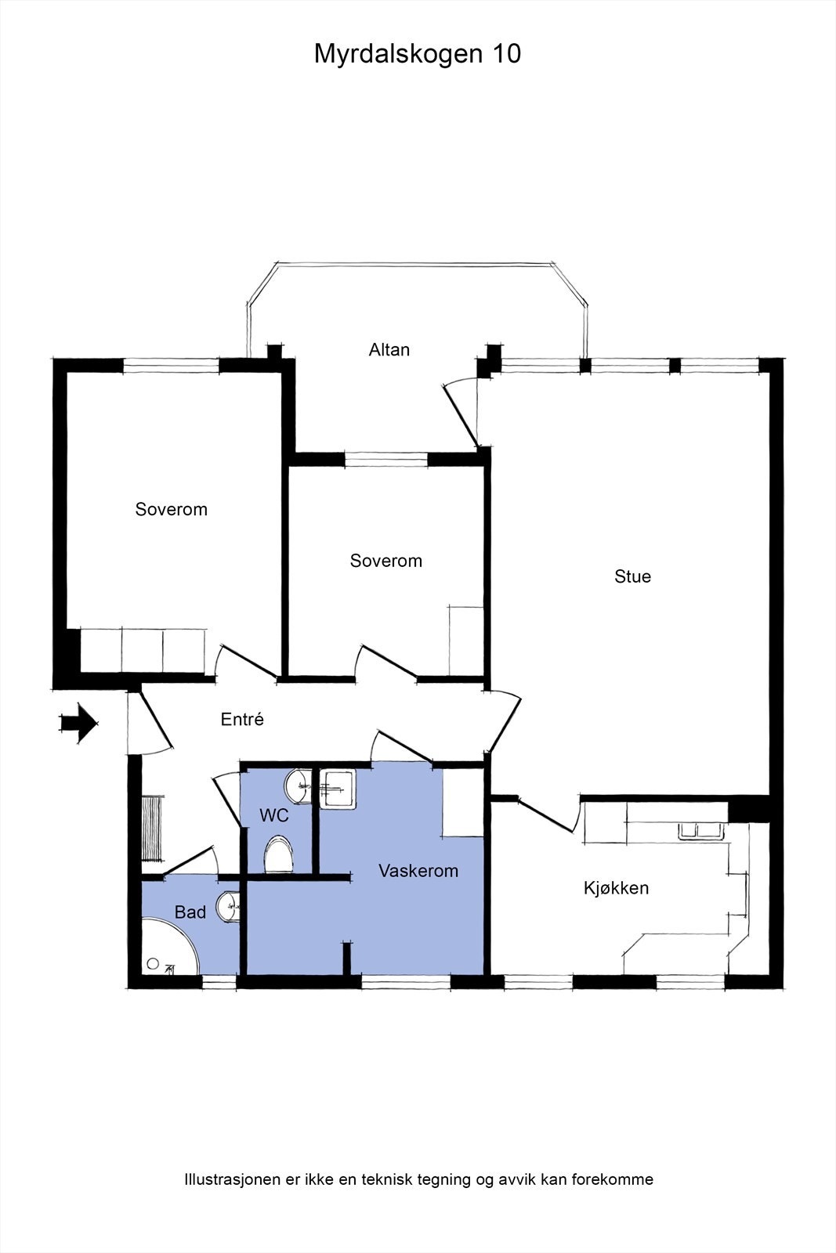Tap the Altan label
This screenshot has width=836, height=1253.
389,349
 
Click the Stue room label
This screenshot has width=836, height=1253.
632,576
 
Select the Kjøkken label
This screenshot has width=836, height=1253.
616,888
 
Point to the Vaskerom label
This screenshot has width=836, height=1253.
418,871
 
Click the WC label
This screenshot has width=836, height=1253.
274,816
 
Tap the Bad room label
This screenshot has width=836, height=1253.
190,912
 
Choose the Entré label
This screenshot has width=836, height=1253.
242,719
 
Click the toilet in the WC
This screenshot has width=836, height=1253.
278,854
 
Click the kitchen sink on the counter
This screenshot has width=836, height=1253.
699,831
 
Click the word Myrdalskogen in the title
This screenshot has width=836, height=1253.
397,54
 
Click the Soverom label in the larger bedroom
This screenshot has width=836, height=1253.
171,509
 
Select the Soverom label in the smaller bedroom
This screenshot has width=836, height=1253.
385,561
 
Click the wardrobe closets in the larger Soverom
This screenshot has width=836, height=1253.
143,649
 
